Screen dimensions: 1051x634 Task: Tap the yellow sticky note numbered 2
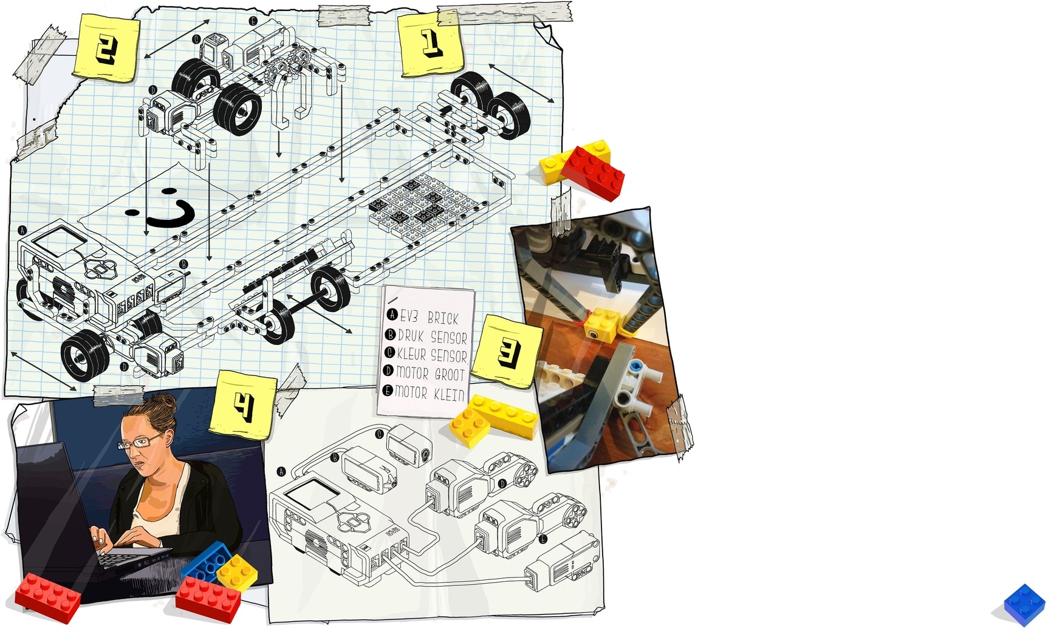(x=107, y=47)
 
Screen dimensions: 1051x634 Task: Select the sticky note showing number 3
(x=508, y=351)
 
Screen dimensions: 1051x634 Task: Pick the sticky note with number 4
(x=243, y=404)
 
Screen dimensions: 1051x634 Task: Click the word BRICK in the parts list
(x=443, y=318)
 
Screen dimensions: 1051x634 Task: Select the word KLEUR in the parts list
(x=413, y=354)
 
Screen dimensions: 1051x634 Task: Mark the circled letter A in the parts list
(x=392, y=315)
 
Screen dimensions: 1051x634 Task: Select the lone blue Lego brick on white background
(x=1025, y=605)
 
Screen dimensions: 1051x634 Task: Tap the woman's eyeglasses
(x=140, y=442)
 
